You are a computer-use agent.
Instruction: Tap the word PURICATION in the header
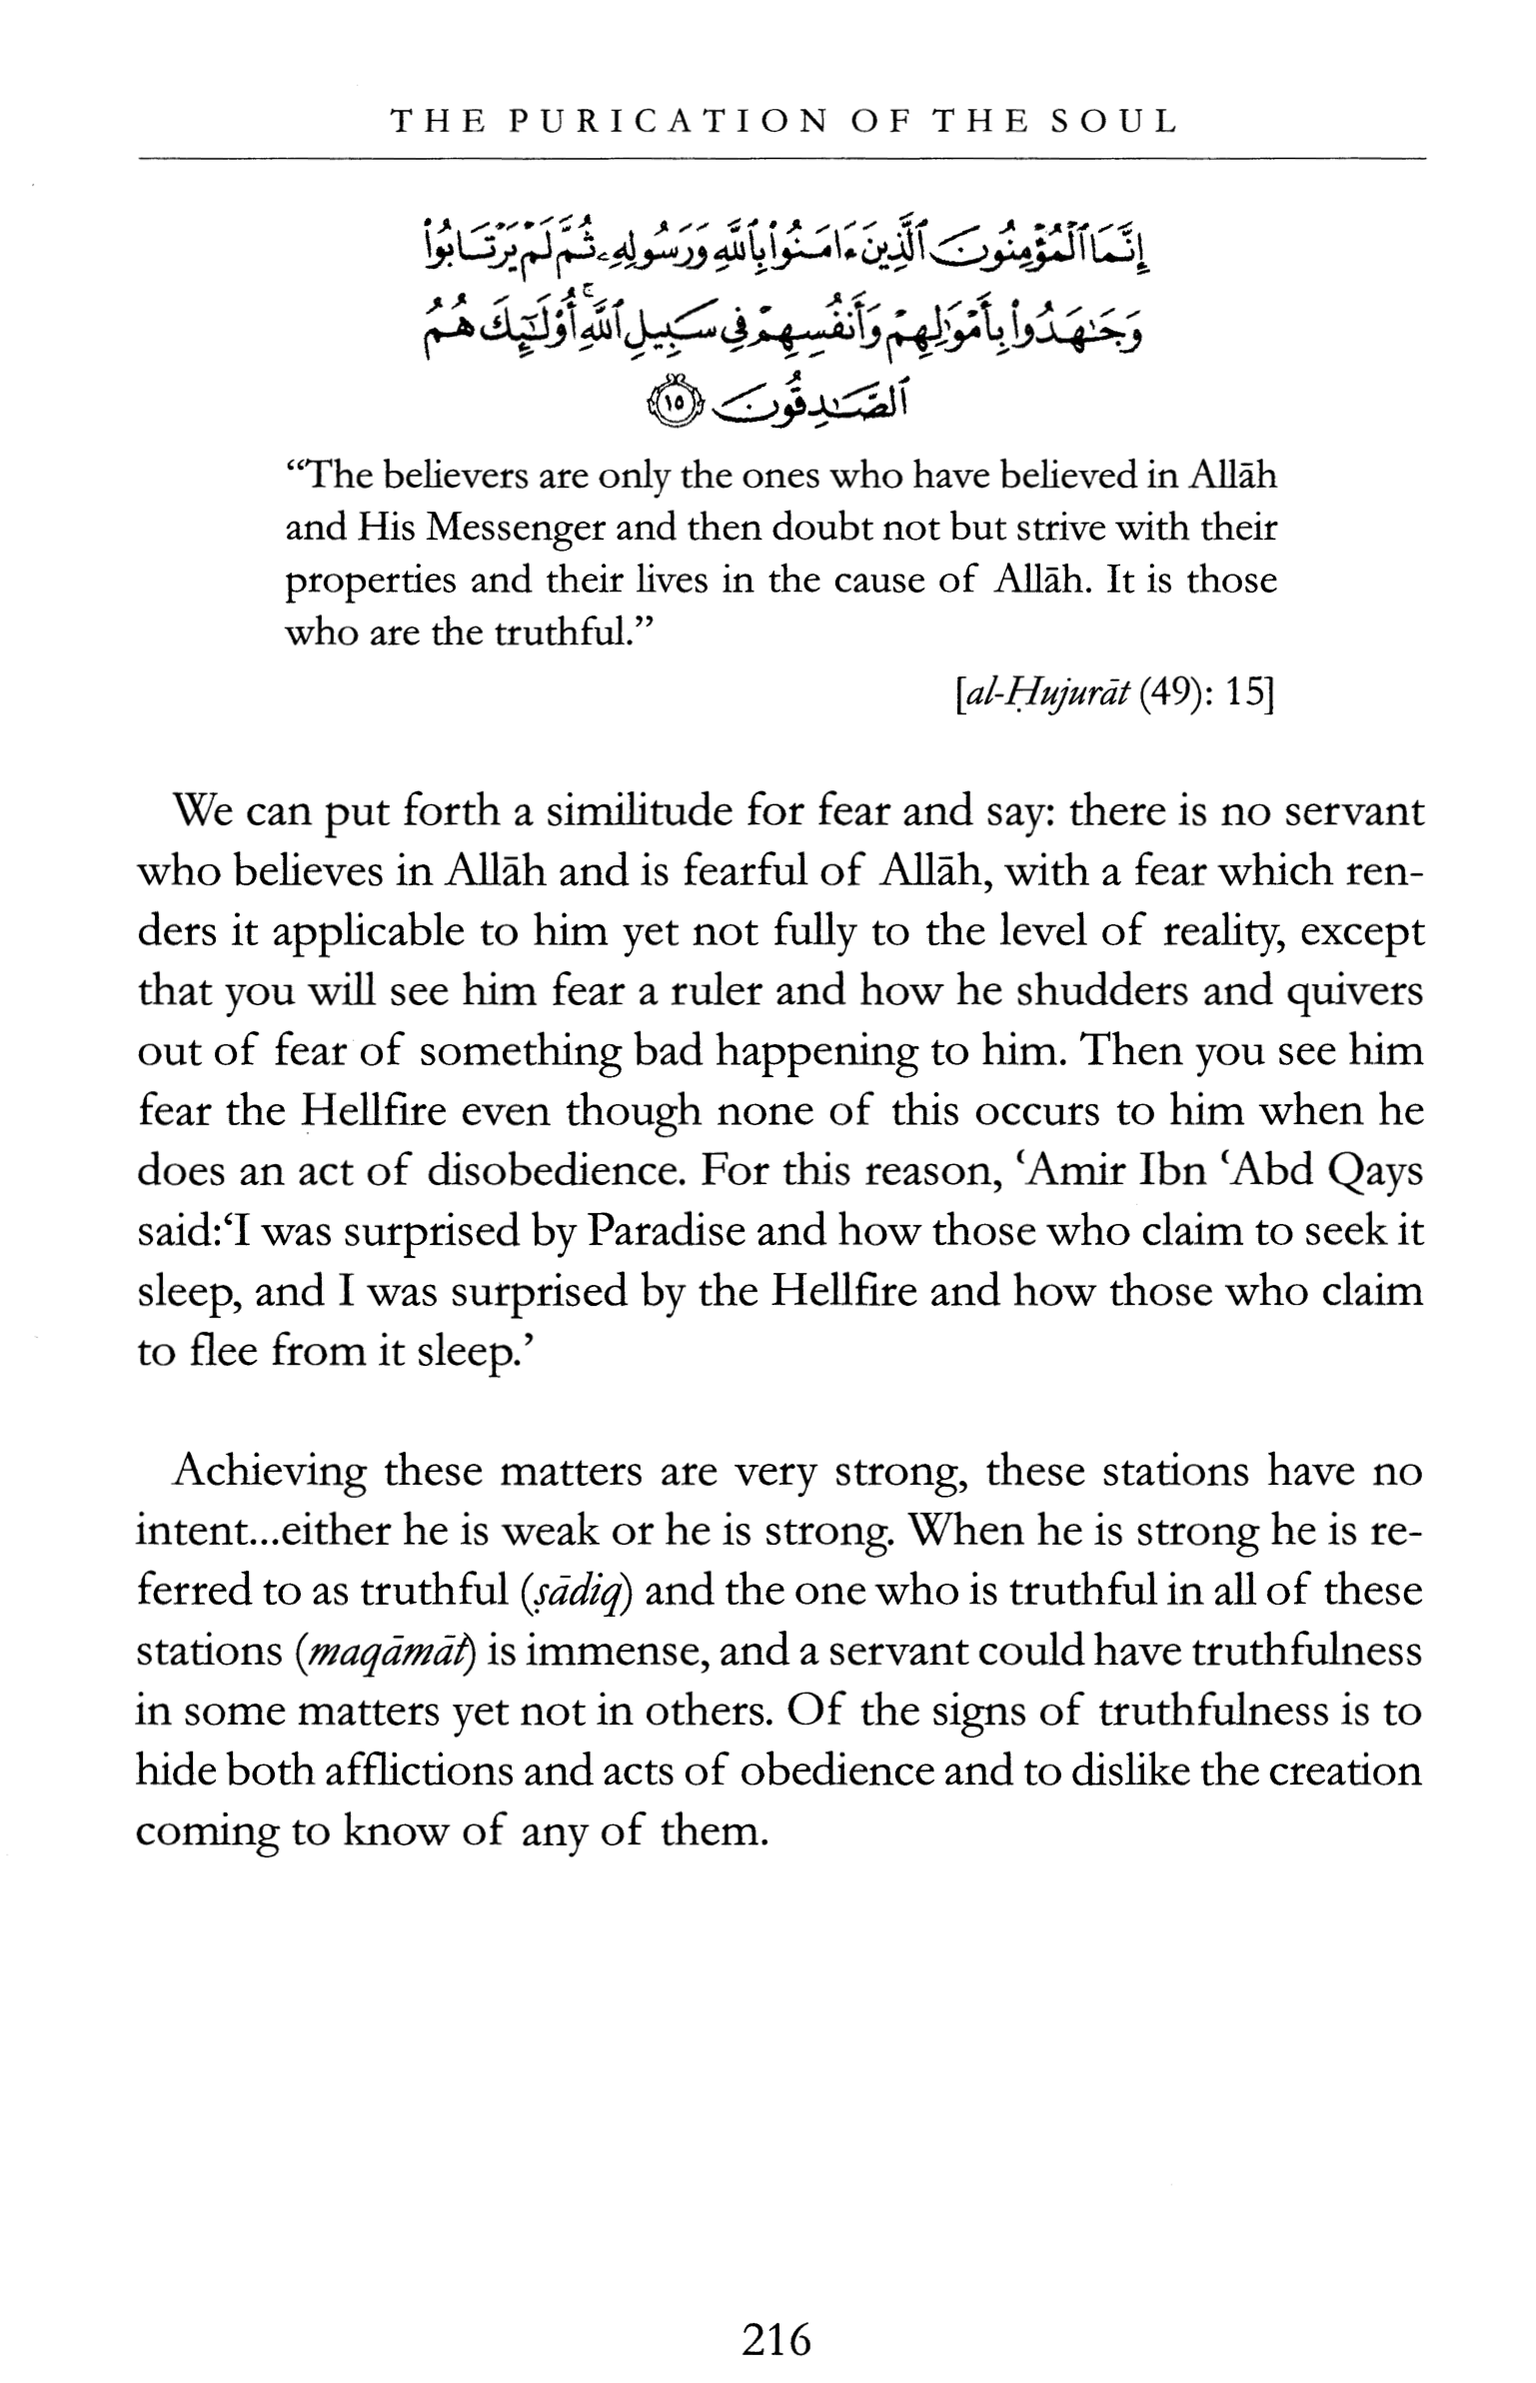click(x=669, y=122)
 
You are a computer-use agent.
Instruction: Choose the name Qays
click(x=1374, y=1171)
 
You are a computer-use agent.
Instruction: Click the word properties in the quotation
click(x=371, y=582)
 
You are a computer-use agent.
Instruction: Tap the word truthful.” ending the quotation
click(x=573, y=633)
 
